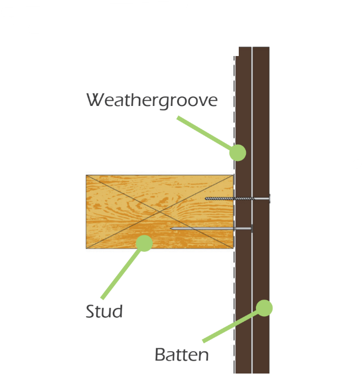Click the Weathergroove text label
pyautogui.click(x=152, y=100)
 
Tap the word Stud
pyautogui.click(x=104, y=311)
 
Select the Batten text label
pyautogui.click(x=182, y=354)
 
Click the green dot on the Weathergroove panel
pyautogui.click(x=238, y=153)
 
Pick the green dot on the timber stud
pyautogui.click(x=144, y=244)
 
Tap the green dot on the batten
pyautogui.click(x=264, y=308)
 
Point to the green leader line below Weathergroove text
pyautogui.click(x=204, y=133)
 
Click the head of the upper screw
pyautogui.click(x=270, y=199)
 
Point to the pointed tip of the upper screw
pyautogui.click(x=206, y=199)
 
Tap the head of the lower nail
pyautogui.click(x=252, y=229)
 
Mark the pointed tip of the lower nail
pyautogui.click(x=171, y=229)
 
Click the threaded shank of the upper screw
pyautogui.click(x=229, y=199)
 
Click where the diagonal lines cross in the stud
pyautogui.click(x=160, y=212)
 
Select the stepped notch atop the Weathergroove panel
pyautogui.click(x=237, y=52)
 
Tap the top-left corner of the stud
pyautogui.click(x=86, y=175)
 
